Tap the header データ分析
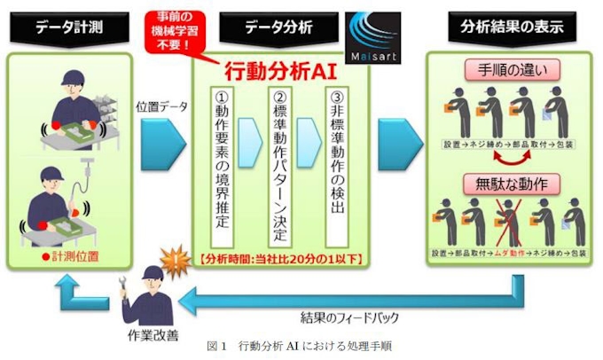[x=278, y=27]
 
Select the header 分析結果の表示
[x=512, y=27]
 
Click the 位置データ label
[x=161, y=104]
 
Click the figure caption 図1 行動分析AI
[x=302, y=348]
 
